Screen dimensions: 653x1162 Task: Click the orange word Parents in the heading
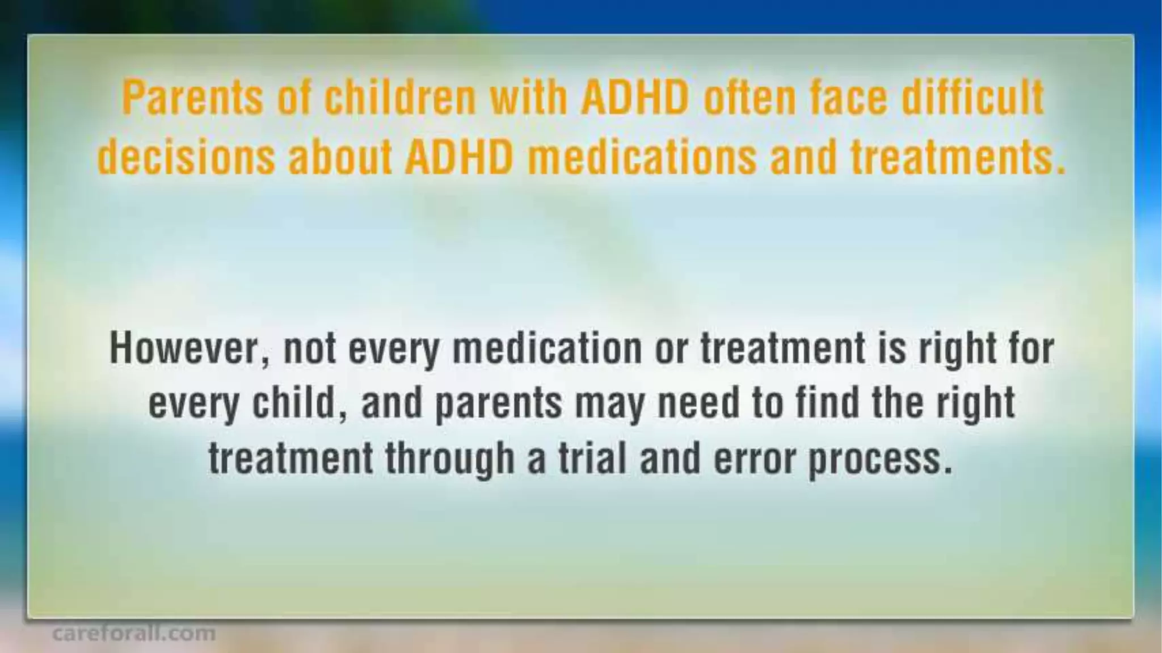192,98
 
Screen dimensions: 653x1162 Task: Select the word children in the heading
399,98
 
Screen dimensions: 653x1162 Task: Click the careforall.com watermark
134,633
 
